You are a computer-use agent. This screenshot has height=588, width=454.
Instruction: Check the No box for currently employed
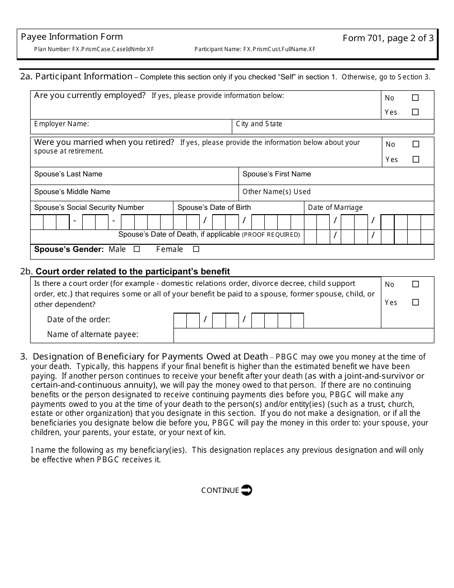click(415, 98)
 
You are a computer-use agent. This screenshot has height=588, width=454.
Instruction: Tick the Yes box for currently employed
click(415, 112)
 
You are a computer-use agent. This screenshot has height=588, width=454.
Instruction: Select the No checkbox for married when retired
click(416, 144)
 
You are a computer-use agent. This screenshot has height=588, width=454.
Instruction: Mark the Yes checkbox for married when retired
click(416, 159)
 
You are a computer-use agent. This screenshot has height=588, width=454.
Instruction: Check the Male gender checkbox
click(137, 249)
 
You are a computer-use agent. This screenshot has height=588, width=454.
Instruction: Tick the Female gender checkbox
click(196, 249)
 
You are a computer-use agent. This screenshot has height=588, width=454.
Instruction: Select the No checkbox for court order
click(415, 284)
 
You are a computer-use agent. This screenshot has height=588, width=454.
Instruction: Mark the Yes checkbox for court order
click(415, 302)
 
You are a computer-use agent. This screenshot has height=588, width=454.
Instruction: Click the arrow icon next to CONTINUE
click(246, 490)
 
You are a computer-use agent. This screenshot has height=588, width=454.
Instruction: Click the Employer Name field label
click(62, 124)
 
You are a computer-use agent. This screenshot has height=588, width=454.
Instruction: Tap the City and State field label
click(259, 124)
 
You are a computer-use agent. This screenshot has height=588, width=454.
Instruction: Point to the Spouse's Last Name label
click(68, 174)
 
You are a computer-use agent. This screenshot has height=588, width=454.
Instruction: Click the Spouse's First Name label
click(277, 174)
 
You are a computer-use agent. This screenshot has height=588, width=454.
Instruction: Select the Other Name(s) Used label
click(277, 192)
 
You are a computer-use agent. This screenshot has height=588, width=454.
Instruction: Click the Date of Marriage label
click(335, 207)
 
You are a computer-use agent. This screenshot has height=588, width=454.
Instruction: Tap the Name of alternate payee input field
click(303, 335)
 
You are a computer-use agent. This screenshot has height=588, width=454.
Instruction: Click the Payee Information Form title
click(72, 37)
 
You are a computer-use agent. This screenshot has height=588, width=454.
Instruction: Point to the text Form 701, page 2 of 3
click(388, 38)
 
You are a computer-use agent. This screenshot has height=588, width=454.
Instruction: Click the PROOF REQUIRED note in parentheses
click(271, 235)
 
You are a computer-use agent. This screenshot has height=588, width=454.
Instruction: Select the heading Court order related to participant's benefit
click(133, 272)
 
